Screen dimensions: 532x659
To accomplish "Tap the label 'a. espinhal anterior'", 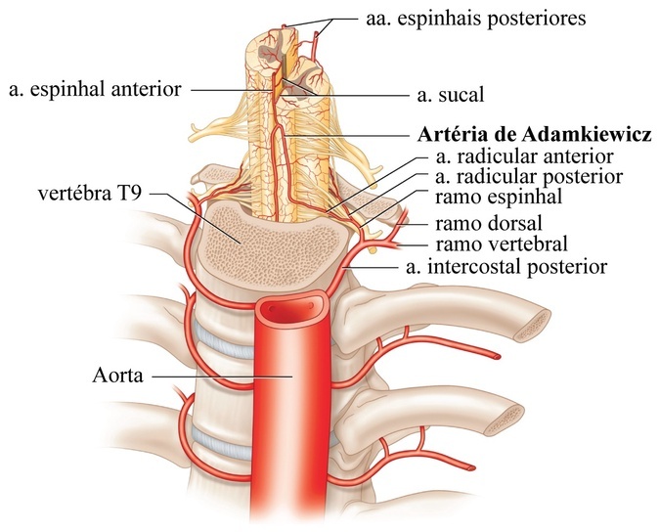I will [x=95, y=89].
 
